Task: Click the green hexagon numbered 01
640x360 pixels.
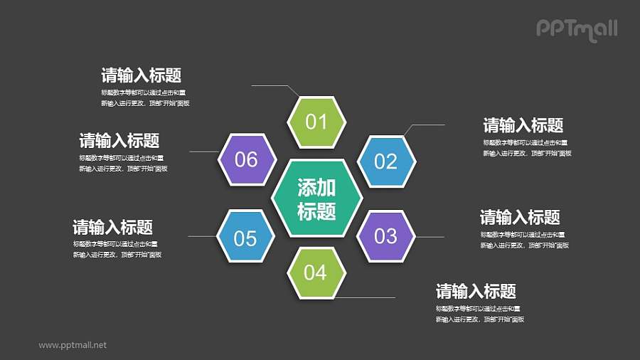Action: (x=316, y=122)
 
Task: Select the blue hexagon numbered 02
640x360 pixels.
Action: (x=385, y=162)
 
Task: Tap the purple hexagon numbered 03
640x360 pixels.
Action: (x=385, y=235)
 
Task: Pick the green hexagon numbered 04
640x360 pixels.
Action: (x=316, y=272)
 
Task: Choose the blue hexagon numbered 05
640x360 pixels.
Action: (x=245, y=238)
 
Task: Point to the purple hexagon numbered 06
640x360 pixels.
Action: (x=246, y=159)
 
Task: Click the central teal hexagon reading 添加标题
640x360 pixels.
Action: (x=316, y=198)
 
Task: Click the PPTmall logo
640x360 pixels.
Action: (x=576, y=29)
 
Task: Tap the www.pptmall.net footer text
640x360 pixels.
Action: (x=73, y=345)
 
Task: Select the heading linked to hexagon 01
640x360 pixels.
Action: (x=142, y=75)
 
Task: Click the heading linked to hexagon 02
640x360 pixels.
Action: (x=523, y=126)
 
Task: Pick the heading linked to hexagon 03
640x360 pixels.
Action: (x=520, y=217)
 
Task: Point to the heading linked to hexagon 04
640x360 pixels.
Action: (x=476, y=291)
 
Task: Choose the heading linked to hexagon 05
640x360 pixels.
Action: (x=113, y=228)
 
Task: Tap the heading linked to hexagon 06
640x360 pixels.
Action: (x=119, y=140)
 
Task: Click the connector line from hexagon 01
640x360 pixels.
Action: (x=274, y=86)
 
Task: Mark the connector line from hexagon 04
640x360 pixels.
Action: (x=366, y=297)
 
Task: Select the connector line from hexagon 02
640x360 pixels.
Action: (x=427, y=125)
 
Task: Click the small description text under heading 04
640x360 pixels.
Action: (x=480, y=314)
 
